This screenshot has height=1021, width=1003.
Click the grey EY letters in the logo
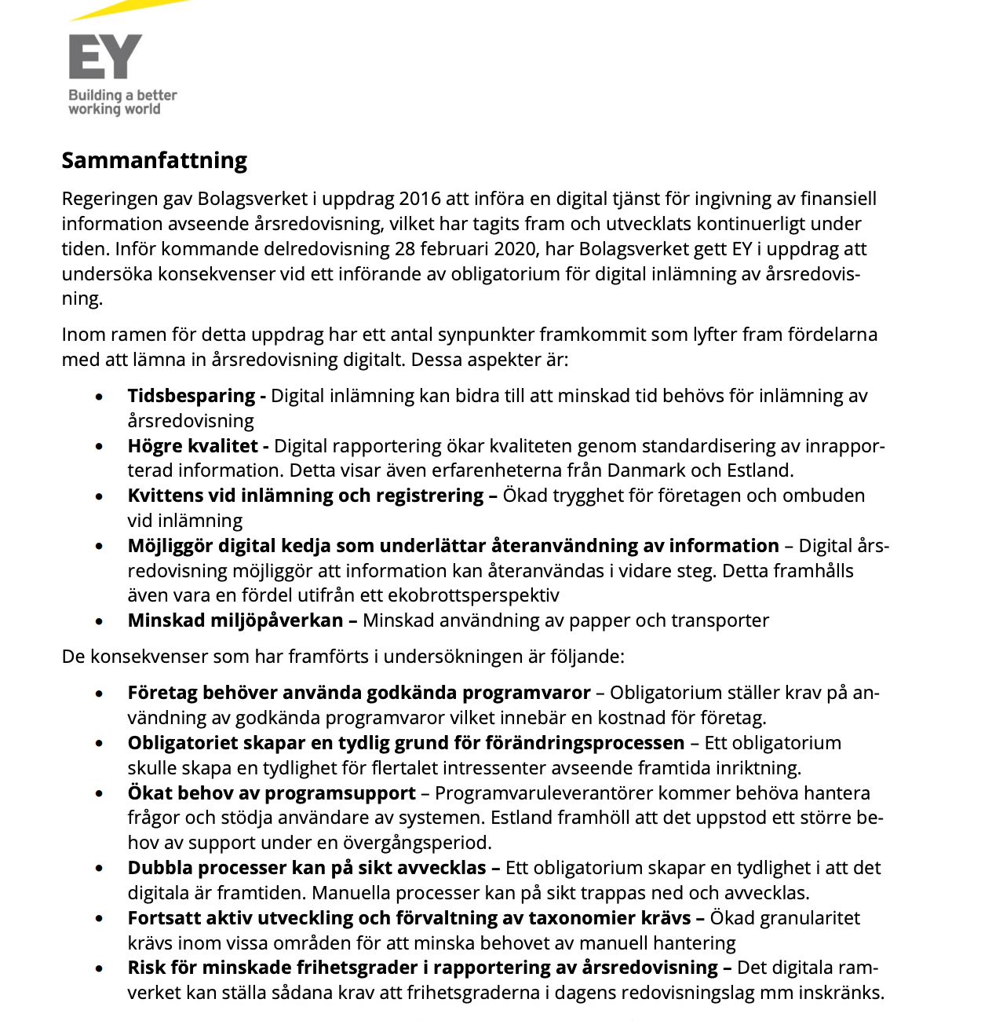pyautogui.click(x=105, y=57)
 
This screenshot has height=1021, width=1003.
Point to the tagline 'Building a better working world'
pyautogui.click(x=122, y=102)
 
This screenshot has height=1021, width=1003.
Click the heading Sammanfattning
pyautogui.click(x=155, y=160)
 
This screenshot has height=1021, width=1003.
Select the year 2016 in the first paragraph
pyautogui.click(x=421, y=199)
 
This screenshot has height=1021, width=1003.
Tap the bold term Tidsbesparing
pyautogui.click(x=191, y=396)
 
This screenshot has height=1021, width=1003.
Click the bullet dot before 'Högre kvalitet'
pyautogui.click(x=99, y=447)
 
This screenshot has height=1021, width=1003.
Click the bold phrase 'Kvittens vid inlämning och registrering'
pyautogui.click(x=306, y=496)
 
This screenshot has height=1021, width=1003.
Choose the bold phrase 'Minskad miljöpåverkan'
pyautogui.click(x=235, y=620)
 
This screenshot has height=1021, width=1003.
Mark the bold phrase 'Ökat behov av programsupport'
pyautogui.click(x=272, y=793)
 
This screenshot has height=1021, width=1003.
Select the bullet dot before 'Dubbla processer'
pyautogui.click(x=99, y=869)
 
